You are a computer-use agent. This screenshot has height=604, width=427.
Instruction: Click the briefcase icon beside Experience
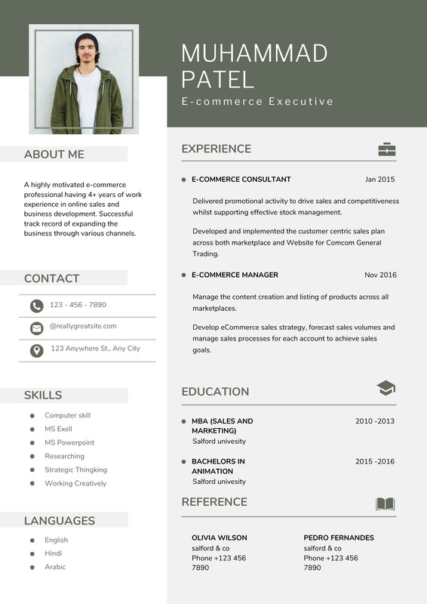[386, 149]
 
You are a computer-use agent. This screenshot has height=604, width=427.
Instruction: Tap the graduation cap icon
[386, 388]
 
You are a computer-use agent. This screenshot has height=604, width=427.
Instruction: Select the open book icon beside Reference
[385, 504]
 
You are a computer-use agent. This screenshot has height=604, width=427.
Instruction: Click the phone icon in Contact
[36, 306]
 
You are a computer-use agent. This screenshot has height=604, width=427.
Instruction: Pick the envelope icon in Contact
[36, 328]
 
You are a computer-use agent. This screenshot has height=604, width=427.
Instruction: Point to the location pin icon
[36, 350]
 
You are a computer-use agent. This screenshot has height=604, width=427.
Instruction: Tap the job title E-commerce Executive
[257, 101]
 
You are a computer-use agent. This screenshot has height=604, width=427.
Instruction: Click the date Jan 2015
[379, 180]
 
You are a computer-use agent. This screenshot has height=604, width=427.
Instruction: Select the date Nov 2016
[380, 275]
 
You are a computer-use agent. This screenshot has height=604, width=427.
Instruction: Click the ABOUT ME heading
[54, 155]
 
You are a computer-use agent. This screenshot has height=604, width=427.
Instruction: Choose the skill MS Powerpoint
[69, 442]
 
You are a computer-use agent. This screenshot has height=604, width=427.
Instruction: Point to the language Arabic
[55, 567]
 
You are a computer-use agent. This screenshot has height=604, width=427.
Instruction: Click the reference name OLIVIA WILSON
[219, 538]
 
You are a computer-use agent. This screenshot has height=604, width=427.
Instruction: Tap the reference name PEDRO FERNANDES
[339, 538]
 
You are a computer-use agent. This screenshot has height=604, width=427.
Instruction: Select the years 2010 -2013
[375, 421]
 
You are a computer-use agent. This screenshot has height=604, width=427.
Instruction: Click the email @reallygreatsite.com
[83, 326]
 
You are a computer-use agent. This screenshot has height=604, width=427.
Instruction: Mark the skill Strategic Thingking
[75, 470]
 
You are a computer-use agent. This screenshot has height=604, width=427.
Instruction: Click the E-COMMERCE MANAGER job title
[235, 275]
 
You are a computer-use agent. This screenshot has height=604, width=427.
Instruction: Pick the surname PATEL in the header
[218, 79]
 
